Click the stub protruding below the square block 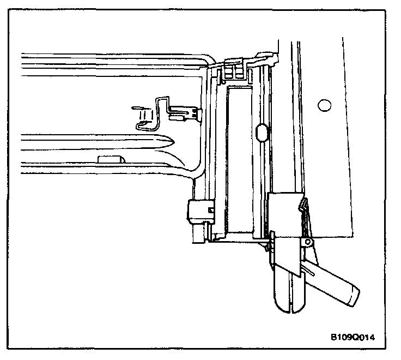[197, 233]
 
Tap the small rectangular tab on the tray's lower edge [111, 159]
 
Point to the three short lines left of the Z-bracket [142, 116]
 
